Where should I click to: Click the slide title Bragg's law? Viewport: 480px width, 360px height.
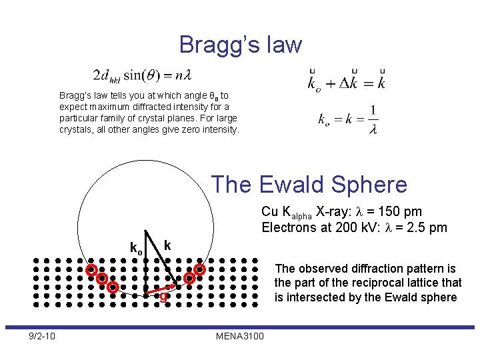[x=240, y=45]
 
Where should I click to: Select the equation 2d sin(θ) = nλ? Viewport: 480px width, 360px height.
[x=143, y=74]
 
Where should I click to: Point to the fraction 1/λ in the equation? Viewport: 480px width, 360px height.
[x=372, y=119]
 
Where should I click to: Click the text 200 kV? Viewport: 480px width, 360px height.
[x=346, y=228]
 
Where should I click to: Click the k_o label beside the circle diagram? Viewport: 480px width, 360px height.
[x=135, y=248]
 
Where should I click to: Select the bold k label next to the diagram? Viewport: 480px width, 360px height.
[x=167, y=245]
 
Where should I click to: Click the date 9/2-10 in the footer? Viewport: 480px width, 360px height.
[x=41, y=335]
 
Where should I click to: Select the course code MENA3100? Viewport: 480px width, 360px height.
[x=240, y=335]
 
